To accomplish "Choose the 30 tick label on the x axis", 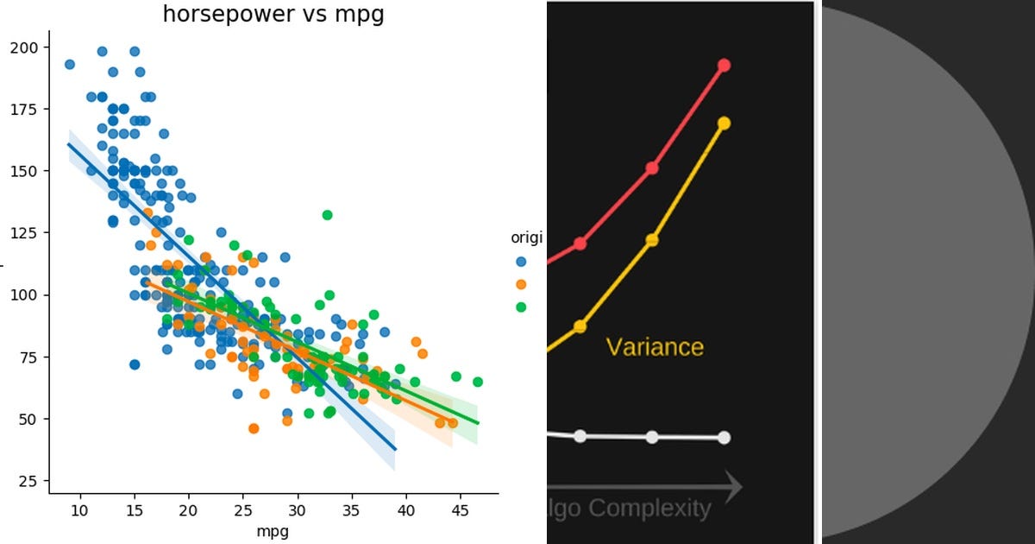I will (x=298, y=510).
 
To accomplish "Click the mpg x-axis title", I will (x=273, y=531).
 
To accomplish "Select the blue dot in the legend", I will (x=520, y=261).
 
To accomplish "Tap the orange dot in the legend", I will (x=520, y=284).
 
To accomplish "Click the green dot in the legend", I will (x=520, y=307).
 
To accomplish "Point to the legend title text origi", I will (x=526, y=238).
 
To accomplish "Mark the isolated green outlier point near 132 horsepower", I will (x=327, y=214).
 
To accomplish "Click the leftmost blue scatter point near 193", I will (x=70, y=64).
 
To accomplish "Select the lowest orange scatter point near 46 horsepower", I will (x=254, y=428).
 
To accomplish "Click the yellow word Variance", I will (x=655, y=347).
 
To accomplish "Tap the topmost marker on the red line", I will (x=724, y=66).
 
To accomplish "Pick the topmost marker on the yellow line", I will (x=724, y=123).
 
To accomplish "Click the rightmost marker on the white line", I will (x=724, y=437).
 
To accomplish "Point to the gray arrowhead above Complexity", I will (x=731, y=486).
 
